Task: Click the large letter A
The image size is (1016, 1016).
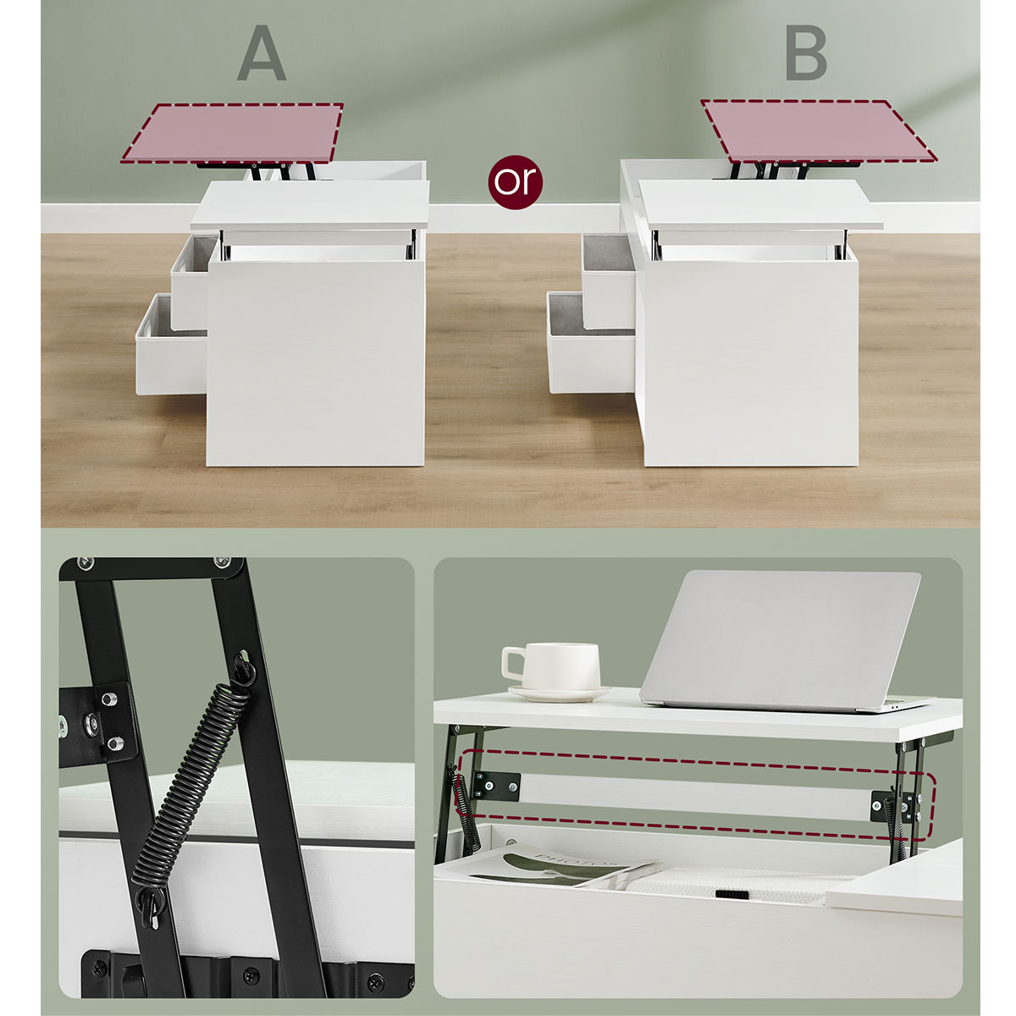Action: click(262, 53)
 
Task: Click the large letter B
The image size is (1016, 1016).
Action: click(806, 53)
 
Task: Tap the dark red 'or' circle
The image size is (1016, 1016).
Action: click(515, 182)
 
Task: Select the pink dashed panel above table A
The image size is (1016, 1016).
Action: click(232, 132)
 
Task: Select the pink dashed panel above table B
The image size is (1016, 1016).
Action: click(818, 131)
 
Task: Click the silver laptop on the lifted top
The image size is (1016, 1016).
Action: click(783, 641)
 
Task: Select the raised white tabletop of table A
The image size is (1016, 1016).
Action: click(310, 206)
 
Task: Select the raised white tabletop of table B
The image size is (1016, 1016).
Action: click(761, 205)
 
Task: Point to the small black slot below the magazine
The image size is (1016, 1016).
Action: click(732, 895)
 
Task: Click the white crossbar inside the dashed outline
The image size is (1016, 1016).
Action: click(695, 798)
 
